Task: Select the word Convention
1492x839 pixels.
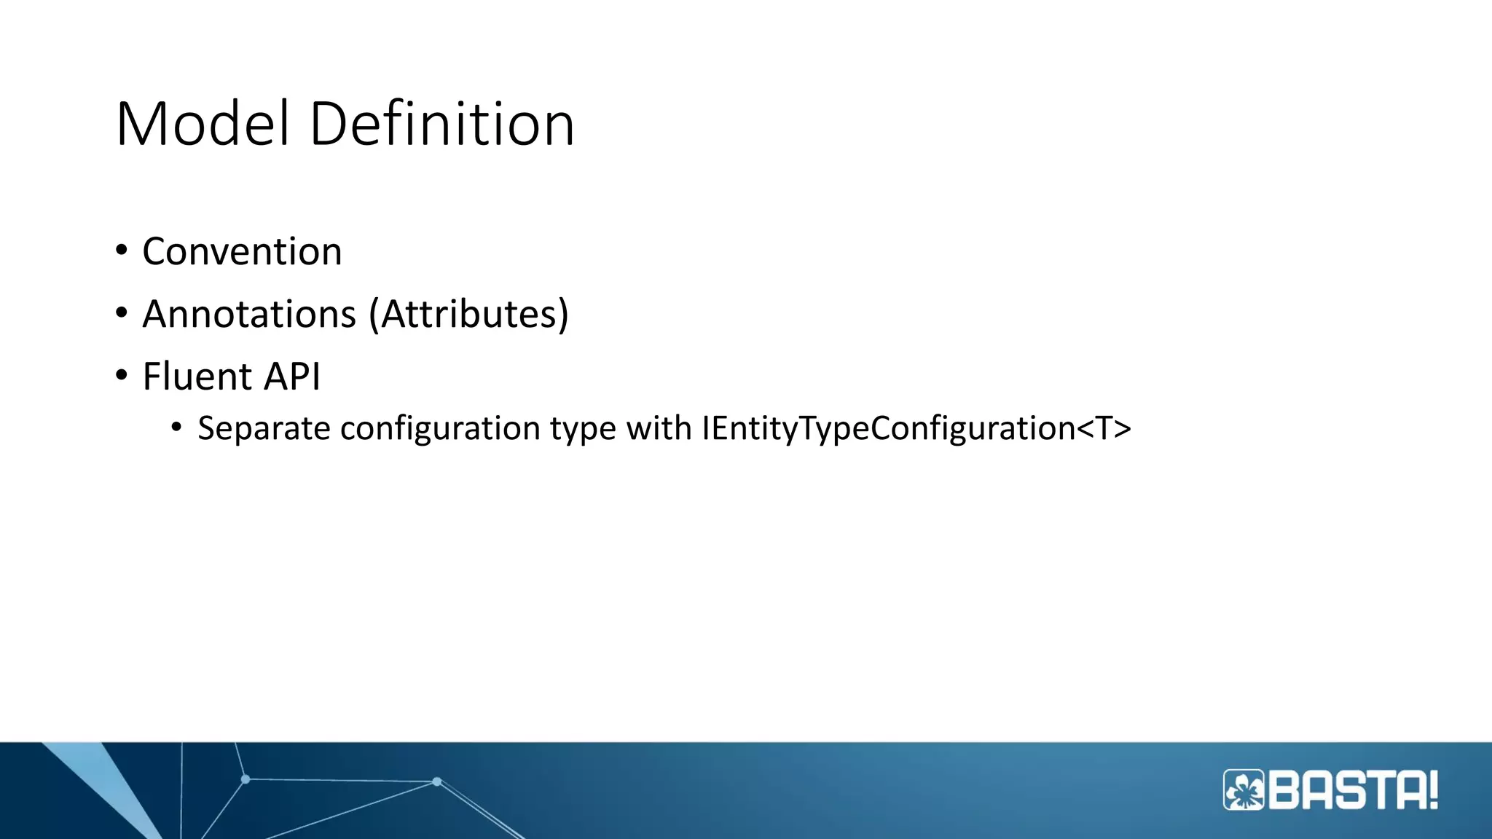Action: (x=242, y=252)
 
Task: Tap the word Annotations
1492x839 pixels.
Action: (x=249, y=315)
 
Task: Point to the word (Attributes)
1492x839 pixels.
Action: (x=468, y=315)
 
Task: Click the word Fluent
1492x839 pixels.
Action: (x=197, y=377)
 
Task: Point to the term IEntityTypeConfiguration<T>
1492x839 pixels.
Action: (x=916, y=428)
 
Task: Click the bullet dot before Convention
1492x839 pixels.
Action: (x=122, y=251)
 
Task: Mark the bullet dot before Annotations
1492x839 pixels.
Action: (x=122, y=313)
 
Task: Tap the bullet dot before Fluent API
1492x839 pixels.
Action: (x=122, y=376)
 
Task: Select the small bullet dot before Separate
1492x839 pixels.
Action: (x=176, y=428)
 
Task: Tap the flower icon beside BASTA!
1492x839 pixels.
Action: (x=1244, y=790)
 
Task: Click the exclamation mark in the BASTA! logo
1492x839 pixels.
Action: (x=1432, y=790)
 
